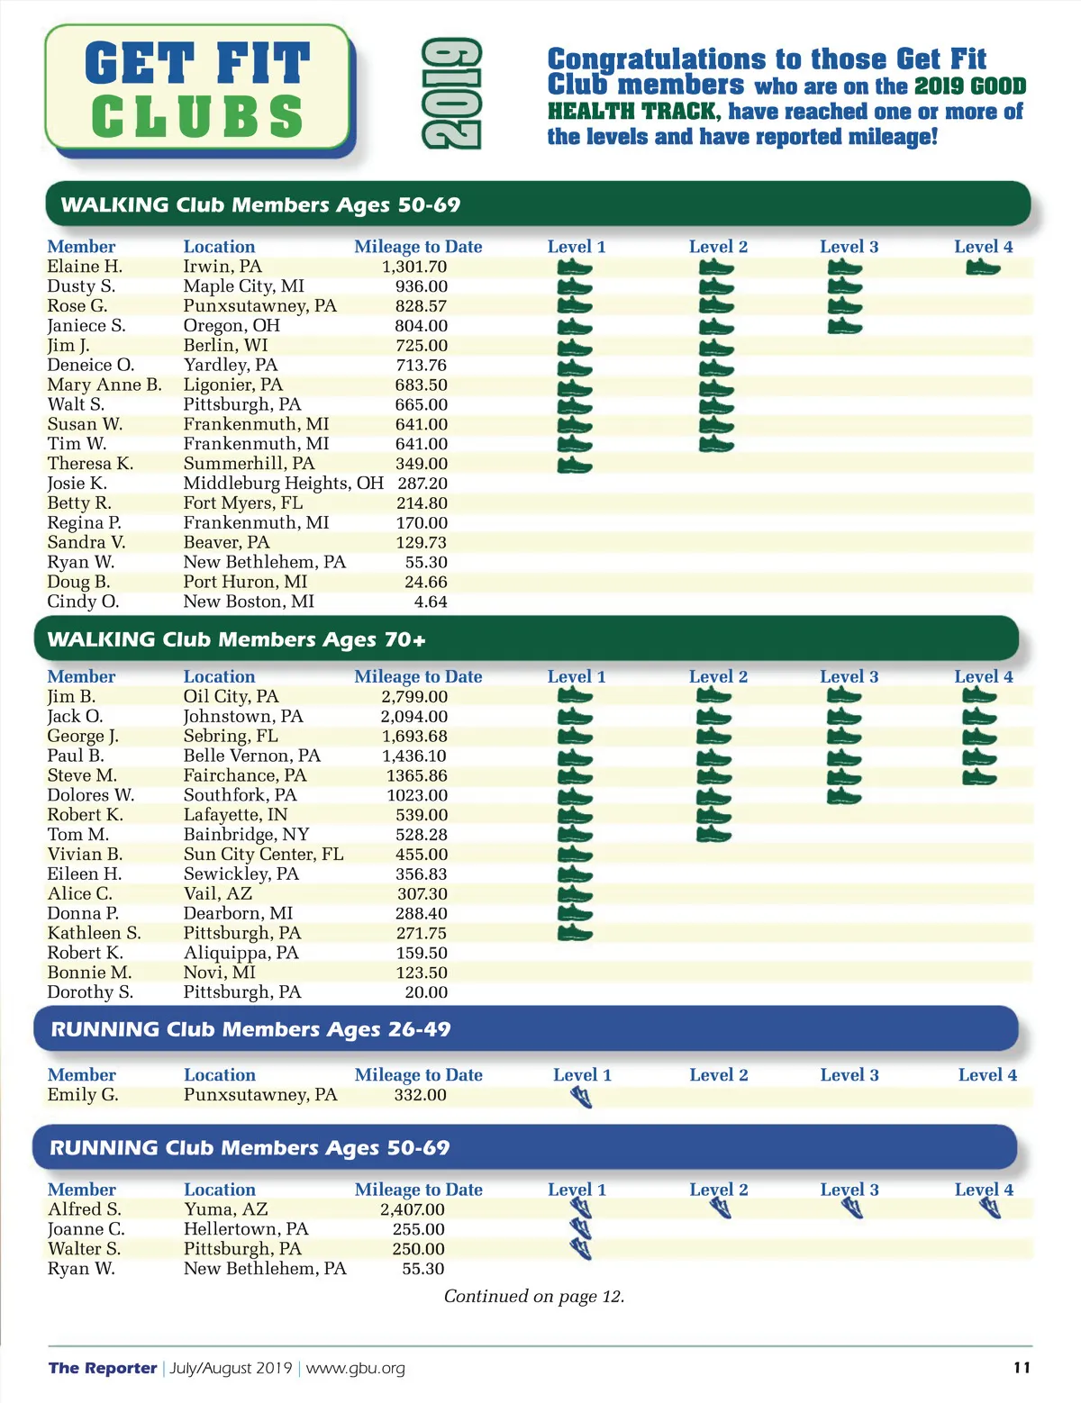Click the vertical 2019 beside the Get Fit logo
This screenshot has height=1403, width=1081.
tap(452, 94)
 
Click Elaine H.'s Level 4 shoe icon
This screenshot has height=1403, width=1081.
tap(982, 267)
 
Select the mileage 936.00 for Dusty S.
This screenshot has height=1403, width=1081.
tap(421, 286)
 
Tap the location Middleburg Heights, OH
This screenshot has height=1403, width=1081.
tap(283, 484)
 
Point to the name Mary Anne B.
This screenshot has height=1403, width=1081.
tap(104, 385)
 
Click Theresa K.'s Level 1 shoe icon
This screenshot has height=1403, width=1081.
tap(575, 465)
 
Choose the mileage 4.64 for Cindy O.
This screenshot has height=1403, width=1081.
tap(431, 602)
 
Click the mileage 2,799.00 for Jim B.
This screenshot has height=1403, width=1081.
tap(414, 697)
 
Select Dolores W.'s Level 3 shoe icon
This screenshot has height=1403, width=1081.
tap(843, 796)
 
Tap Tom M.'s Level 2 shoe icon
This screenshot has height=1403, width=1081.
tap(714, 835)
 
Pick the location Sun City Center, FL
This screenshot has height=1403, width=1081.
tap(263, 855)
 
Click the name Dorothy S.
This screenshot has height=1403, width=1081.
tap(90, 992)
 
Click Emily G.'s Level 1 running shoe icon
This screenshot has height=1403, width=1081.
tap(581, 1097)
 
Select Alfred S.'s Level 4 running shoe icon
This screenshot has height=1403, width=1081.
tap(989, 1208)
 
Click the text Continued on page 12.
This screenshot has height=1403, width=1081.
tap(534, 1297)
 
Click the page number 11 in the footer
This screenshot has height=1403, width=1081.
tap(1022, 1368)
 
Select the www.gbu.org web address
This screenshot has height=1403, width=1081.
tap(356, 1369)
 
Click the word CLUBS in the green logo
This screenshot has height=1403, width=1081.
tap(197, 117)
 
